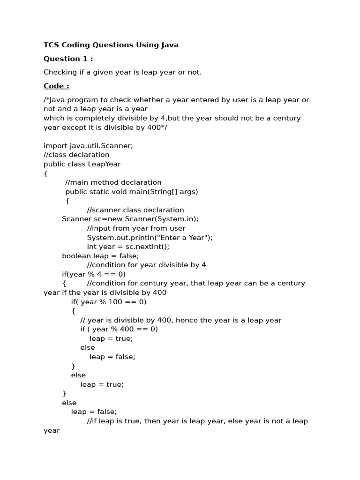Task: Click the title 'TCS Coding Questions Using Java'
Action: (x=111, y=45)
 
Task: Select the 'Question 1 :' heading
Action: (x=68, y=59)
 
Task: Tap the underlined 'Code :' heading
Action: (x=56, y=86)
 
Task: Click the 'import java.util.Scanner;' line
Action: (x=88, y=145)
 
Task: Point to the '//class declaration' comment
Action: (x=76, y=155)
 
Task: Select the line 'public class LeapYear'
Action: (x=82, y=164)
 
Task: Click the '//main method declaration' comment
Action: (x=113, y=182)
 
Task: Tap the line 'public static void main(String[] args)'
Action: (x=132, y=191)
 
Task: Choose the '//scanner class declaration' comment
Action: (x=135, y=210)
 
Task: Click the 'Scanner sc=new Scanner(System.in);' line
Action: (x=130, y=219)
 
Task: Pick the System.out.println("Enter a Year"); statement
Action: (x=150, y=237)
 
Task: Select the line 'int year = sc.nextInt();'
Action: (x=128, y=247)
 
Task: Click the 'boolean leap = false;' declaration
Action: (x=100, y=255)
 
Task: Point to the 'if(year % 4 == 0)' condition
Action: (x=94, y=274)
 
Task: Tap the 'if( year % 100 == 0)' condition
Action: (x=109, y=302)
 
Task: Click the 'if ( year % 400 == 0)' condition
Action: (x=119, y=329)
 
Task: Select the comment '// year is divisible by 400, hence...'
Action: (x=181, y=320)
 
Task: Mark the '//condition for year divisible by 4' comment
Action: (x=147, y=265)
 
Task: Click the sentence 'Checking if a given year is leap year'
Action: (x=122, y=72)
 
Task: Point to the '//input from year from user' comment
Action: (x=136, y=228)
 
